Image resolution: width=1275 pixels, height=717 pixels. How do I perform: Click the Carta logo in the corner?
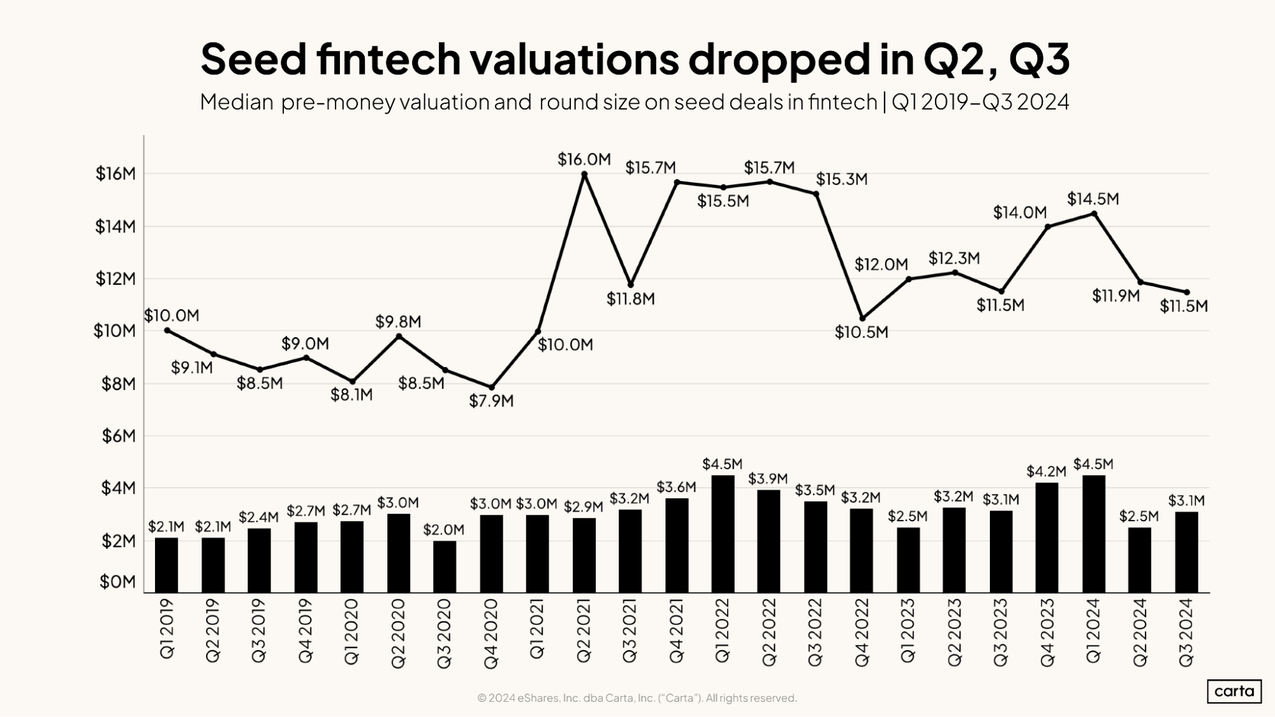coord(1234,691)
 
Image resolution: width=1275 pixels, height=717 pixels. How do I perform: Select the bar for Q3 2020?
coord(445,567)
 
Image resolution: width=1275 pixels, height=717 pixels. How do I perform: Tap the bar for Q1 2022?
coord(723,533)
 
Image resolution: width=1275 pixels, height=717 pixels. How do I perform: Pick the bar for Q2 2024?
coord(1140,560)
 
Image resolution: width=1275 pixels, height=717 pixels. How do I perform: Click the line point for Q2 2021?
coord(584,173)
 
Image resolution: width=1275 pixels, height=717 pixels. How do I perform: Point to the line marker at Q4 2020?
coord(491,387)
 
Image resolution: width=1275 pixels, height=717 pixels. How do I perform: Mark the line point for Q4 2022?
coord(862,319)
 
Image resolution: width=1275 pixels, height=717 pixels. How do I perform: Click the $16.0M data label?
coord(584,159)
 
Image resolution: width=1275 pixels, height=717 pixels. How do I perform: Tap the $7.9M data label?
coord(491,402)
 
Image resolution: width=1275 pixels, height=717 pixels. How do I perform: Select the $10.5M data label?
coord(862,333)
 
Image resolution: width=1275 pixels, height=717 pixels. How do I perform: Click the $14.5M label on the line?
coord(1093,199)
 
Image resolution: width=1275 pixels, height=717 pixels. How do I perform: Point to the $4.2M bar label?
coord(1046,472)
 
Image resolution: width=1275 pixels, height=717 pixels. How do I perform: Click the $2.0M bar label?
coord(444,530)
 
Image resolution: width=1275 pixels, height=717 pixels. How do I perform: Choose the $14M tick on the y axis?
coord(115,227)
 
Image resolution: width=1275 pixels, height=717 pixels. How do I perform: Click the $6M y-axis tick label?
coord(119,437)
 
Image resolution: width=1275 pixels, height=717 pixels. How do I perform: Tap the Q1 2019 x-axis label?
coord(166,628)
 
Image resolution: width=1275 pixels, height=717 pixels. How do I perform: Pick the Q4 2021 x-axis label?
coord(676,631)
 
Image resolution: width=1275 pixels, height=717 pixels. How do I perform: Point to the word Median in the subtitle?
coord(237,102)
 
